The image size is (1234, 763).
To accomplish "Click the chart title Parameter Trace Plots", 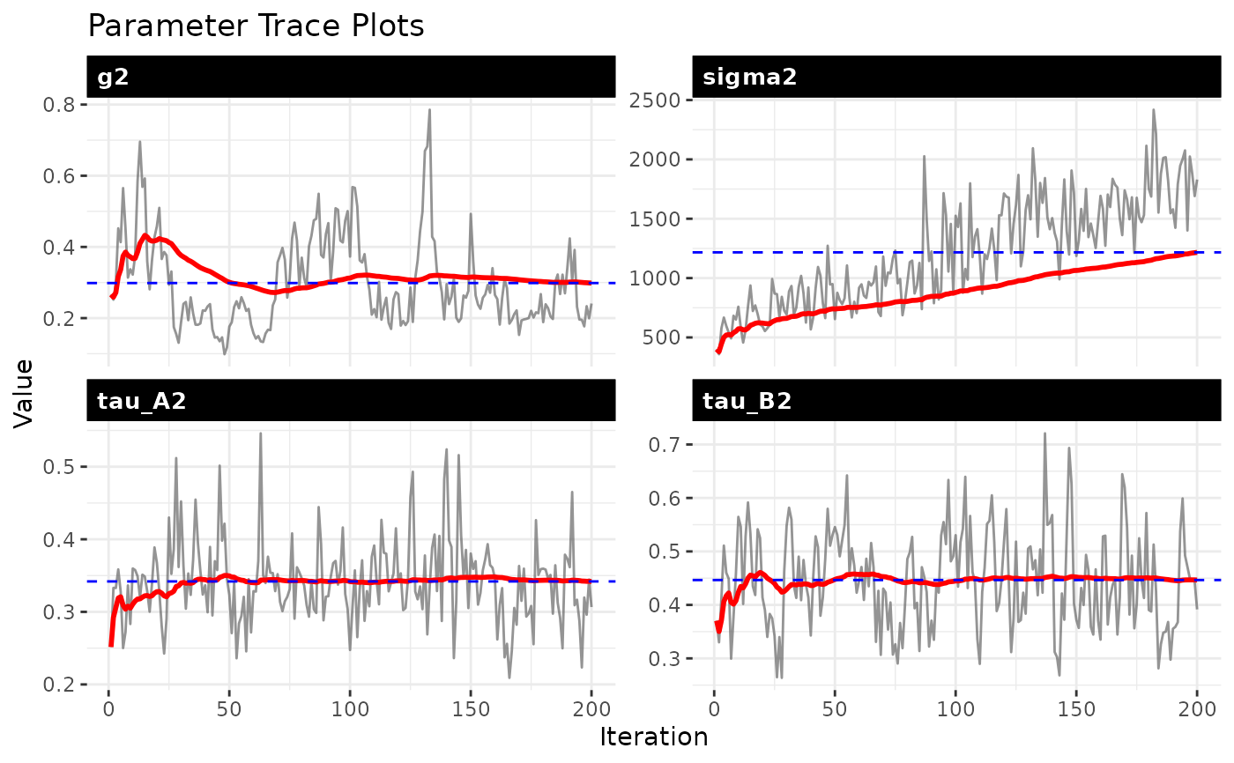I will coord(256,26).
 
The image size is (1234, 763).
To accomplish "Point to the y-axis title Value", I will coord(24,392).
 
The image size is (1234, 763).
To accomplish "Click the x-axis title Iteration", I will coord(653,737).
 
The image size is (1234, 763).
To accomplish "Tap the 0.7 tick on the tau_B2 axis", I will coord(669,444).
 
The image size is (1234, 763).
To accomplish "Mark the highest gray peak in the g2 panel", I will coord(429,110).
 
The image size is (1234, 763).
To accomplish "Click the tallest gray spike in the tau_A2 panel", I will coord(260,433).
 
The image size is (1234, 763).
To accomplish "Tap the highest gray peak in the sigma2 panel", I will coord(1153,110).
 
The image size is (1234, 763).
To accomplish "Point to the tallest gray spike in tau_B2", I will coord(1044,433).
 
